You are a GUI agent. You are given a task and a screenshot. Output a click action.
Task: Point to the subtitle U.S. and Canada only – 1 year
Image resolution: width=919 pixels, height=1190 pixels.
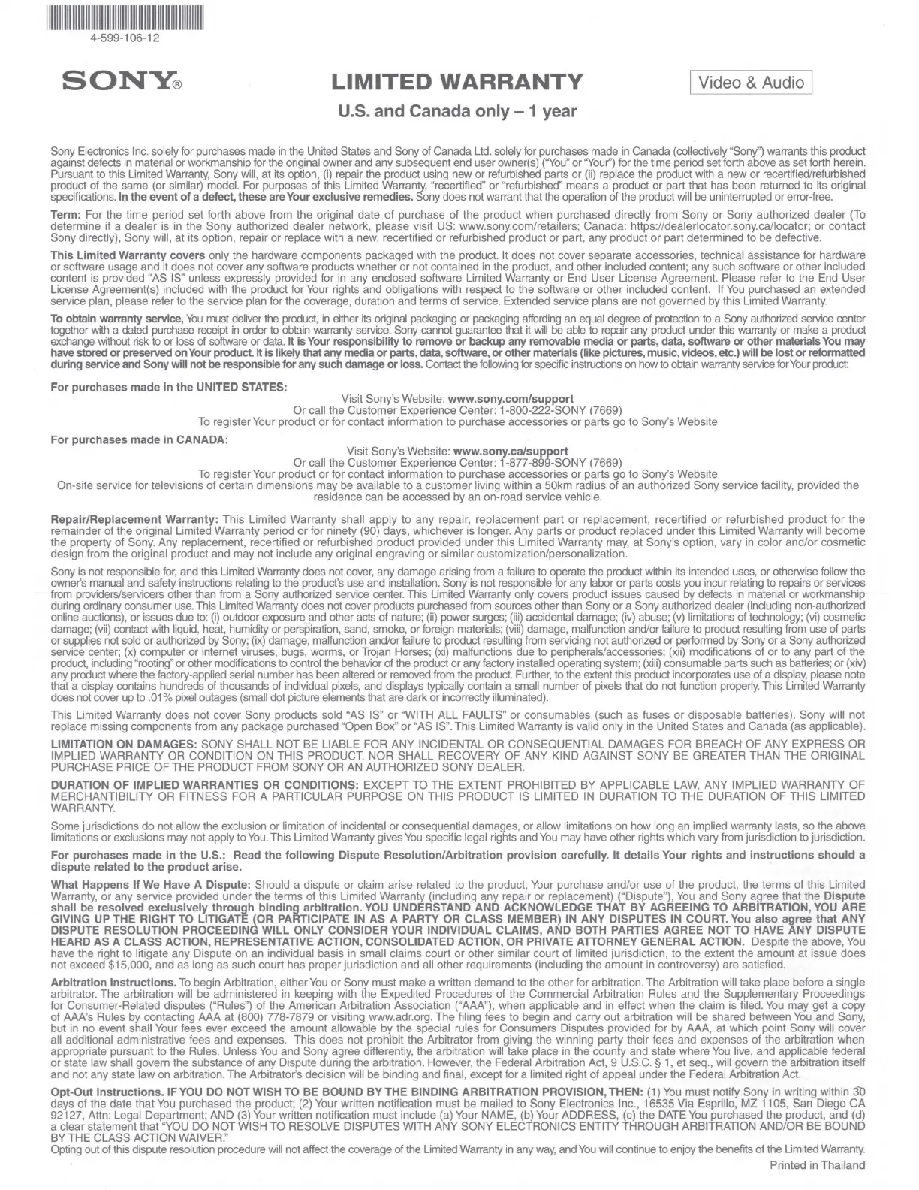[458, 111]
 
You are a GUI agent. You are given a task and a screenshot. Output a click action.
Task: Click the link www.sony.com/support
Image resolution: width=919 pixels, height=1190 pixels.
[511, 398]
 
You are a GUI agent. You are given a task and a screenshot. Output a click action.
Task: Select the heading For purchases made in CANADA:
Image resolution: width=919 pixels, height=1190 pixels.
[138, 439]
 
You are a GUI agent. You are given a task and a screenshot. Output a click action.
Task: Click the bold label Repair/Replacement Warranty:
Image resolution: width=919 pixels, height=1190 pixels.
[134, 519]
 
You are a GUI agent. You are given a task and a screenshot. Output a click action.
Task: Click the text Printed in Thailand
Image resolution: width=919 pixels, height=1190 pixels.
[817, 1165]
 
